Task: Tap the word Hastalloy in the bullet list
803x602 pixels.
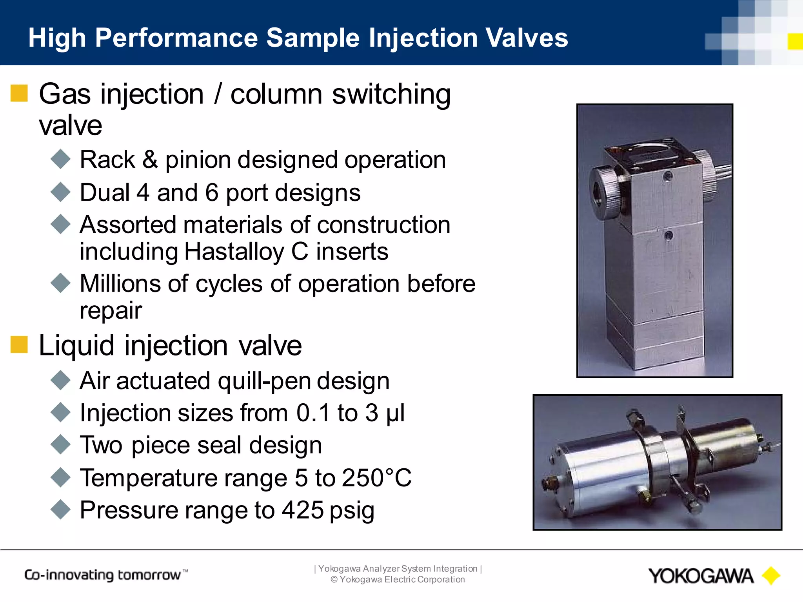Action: pos(234,252)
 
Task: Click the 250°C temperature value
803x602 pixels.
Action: pos(376,478)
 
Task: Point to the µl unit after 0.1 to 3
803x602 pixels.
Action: pos(395,413)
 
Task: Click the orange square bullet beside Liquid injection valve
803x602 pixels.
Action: pos(19,345)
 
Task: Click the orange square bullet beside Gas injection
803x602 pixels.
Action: pos(19,93)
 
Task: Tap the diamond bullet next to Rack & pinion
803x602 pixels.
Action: pos(61,160)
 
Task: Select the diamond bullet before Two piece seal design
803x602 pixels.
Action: pos(61,445)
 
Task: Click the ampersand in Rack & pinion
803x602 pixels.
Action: pos(150,160)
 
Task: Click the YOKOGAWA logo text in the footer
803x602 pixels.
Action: pos(700,576)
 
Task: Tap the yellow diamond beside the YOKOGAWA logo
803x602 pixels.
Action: pos(771,576)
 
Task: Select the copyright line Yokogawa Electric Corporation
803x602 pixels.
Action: pos(398,580)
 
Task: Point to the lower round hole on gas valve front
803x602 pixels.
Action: pos(669,236)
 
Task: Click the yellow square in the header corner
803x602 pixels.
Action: pos(795,42)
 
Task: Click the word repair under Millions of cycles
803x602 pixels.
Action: pos(111,311)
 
